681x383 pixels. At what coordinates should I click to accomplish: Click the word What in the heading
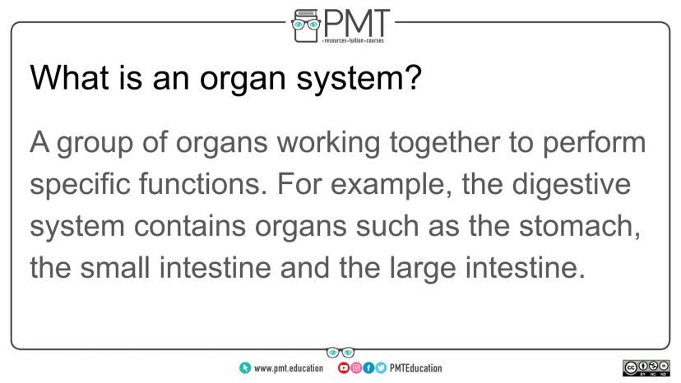(69, 78)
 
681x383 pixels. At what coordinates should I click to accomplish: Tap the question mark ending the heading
(414, 77)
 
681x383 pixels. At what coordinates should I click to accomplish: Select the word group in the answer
(95, 144)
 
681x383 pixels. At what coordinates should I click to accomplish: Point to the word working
(328, 144)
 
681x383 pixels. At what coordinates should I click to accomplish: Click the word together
(444, 144)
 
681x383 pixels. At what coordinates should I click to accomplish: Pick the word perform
(594, 144)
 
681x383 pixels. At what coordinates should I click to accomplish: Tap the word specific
(80, 184)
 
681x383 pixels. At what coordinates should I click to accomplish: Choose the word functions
(203, 184)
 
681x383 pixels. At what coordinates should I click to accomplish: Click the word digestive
(571, 185)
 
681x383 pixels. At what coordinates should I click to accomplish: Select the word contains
(190, 226)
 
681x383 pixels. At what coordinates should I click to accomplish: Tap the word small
(115, 267)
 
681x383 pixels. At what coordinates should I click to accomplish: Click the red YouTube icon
(343, 368)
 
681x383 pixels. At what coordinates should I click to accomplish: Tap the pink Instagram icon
(355, 368)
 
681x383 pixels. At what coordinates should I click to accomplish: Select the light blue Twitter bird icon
(381, 368)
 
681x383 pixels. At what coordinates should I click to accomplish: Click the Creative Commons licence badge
(646, 368)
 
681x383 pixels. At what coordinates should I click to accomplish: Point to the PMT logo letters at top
(357, 24)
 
